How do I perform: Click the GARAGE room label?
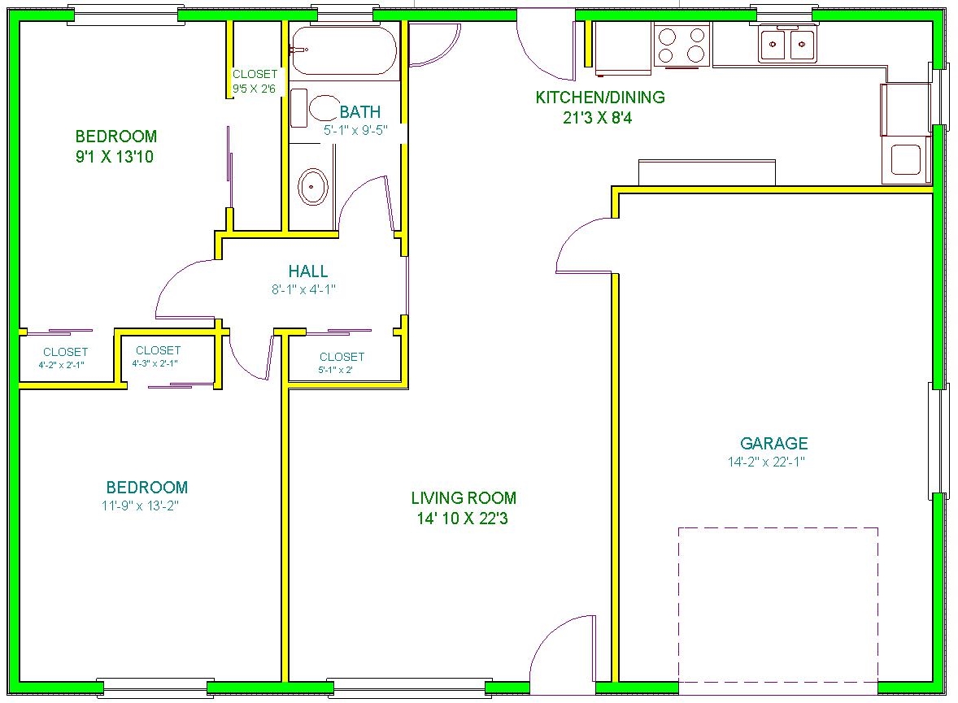773,443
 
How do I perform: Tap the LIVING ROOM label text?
464,497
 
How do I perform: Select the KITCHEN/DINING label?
600,97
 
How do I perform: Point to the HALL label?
308,271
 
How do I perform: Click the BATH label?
360,112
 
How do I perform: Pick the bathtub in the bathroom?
343,50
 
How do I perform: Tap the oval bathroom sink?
313,187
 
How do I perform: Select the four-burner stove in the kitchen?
681,45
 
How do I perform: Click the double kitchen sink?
787,45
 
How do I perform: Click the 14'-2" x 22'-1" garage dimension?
766,462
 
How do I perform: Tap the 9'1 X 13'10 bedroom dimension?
114,157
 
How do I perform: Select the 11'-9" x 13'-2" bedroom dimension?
140,506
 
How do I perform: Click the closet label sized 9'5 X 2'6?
255,89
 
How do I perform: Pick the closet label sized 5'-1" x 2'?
335,370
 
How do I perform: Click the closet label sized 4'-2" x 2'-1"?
61,365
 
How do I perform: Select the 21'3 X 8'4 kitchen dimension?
598,118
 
